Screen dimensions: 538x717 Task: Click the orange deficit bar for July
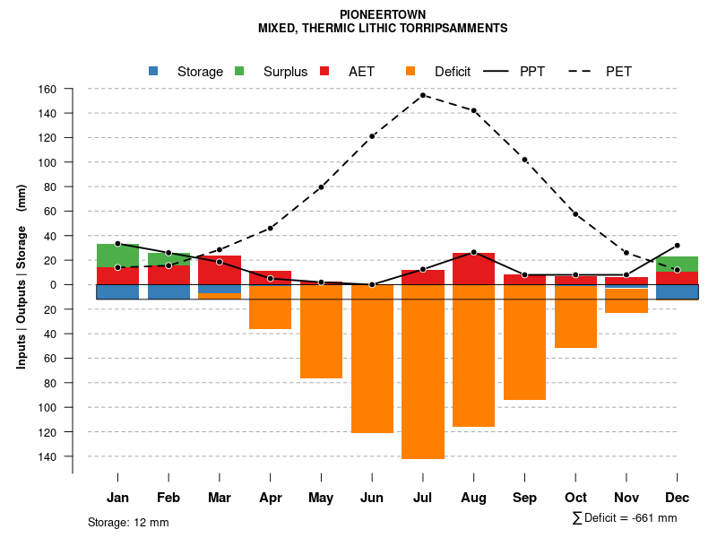423,371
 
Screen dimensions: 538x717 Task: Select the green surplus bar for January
117,256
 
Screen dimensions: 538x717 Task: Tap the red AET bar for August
473,269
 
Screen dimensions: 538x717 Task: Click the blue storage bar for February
168,291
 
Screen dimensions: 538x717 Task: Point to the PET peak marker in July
423,95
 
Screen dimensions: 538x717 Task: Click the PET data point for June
372,136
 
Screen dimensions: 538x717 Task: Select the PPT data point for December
677,245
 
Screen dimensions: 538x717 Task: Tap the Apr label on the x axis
271,498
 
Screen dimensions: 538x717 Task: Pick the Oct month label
575,498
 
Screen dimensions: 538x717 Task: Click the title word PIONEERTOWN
383,14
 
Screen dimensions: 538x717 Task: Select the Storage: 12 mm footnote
128,522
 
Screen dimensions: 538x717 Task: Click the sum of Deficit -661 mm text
624,518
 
